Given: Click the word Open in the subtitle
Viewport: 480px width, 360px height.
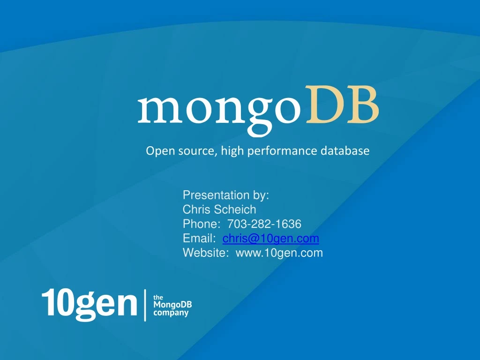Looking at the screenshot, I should click(157, 151).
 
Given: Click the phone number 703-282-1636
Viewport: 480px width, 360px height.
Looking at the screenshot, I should click(268, 224).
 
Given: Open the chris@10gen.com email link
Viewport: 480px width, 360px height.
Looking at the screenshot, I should click(271, 239).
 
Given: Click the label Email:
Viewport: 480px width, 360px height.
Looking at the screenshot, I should click(199, 239).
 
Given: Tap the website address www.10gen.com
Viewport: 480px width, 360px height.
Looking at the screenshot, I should click(279, 253).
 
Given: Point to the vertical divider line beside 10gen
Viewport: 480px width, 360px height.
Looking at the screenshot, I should click(145, 305).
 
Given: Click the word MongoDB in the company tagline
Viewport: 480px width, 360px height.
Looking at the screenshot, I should click(172, 305).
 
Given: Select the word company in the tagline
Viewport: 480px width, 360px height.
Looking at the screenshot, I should click(171, 313).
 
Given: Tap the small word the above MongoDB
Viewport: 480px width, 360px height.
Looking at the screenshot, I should click(158, 297).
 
